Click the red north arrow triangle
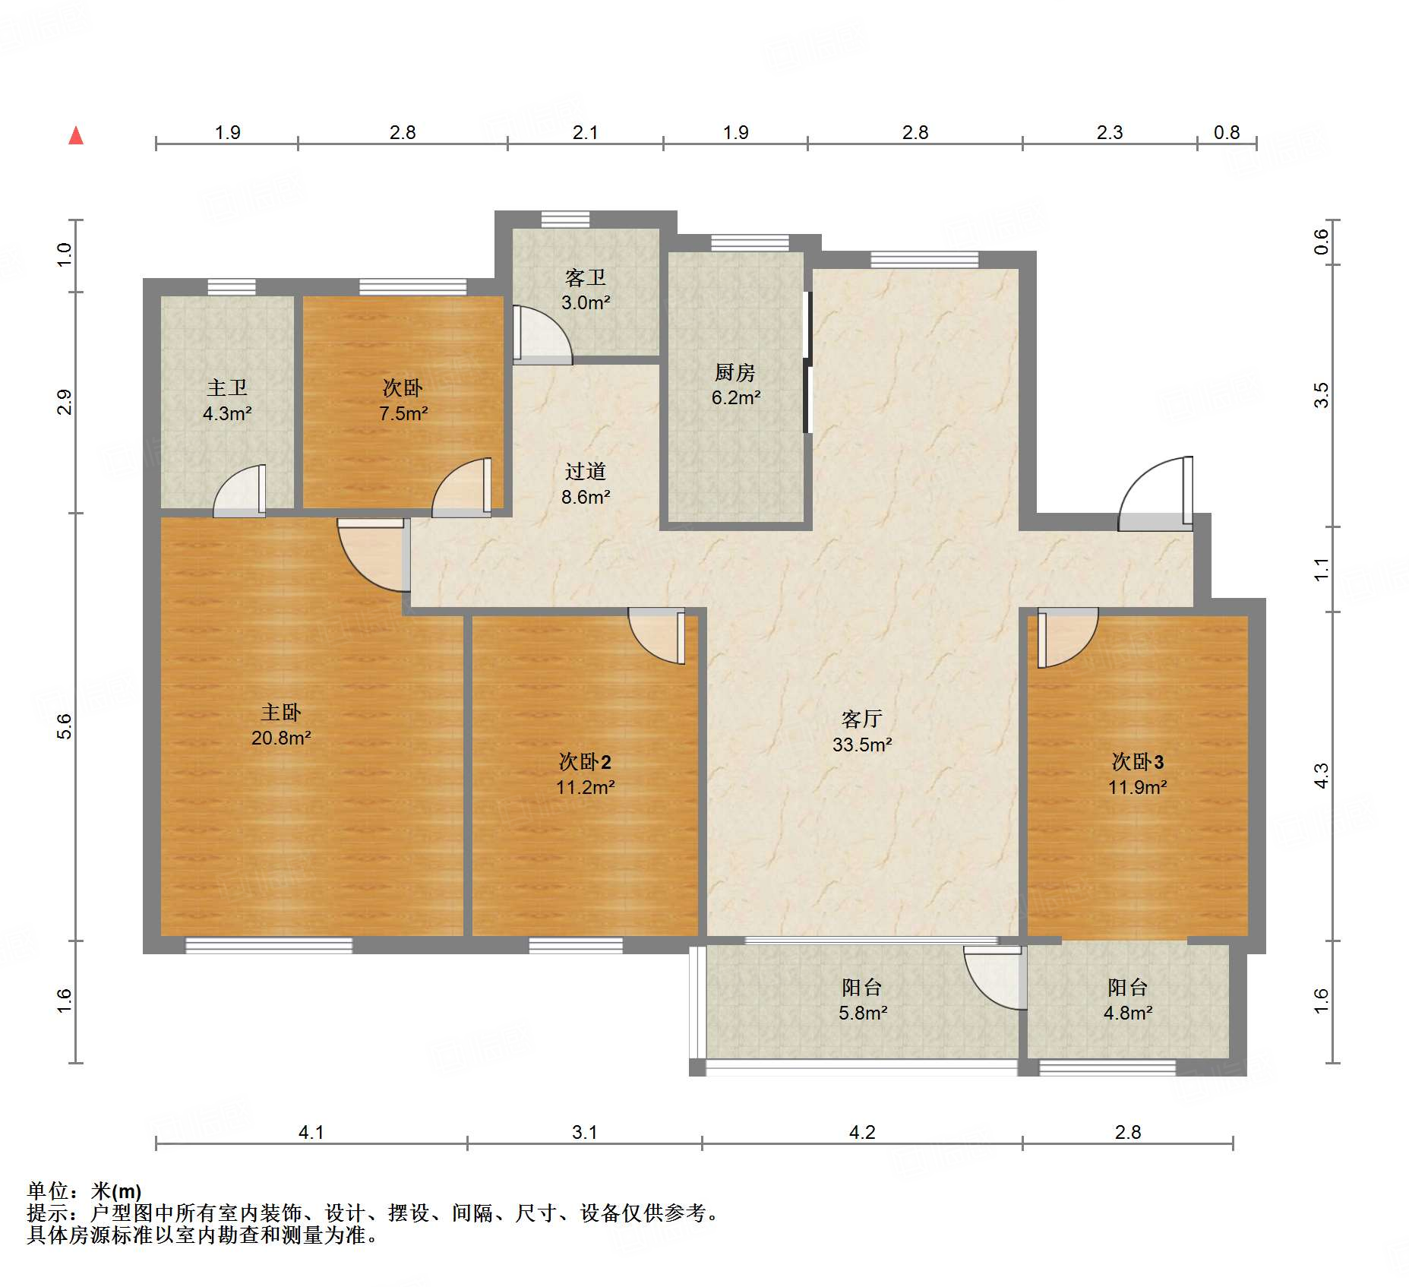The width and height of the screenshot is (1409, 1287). (76, 137)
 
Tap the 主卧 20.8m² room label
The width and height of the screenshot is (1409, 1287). (281, 725)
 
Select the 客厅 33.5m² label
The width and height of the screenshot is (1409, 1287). (861, 732)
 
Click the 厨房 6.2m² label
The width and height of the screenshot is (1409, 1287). (735, 385)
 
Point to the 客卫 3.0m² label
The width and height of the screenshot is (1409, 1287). (585, 290)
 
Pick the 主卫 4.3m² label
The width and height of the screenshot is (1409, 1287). (227, 400)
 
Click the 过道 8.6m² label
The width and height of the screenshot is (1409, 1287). (585, 484)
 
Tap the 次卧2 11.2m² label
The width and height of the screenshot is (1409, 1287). (585, 774)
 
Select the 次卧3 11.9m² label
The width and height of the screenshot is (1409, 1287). (1137, 774)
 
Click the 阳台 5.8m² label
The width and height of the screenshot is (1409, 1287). (862, 1000)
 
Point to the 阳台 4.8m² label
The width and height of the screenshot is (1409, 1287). (1128, 1000)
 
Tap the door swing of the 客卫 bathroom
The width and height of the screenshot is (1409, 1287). (541, 334)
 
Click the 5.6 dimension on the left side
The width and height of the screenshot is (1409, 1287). (65, 727)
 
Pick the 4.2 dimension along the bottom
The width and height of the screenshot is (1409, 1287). (861, 1132)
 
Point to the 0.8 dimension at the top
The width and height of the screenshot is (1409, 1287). (1226, 133)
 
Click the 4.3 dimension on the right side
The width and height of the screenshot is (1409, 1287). (1322, 776)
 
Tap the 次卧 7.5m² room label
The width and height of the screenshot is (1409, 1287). (403, 400)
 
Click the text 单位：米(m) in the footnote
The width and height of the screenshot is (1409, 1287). (84, 1191)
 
